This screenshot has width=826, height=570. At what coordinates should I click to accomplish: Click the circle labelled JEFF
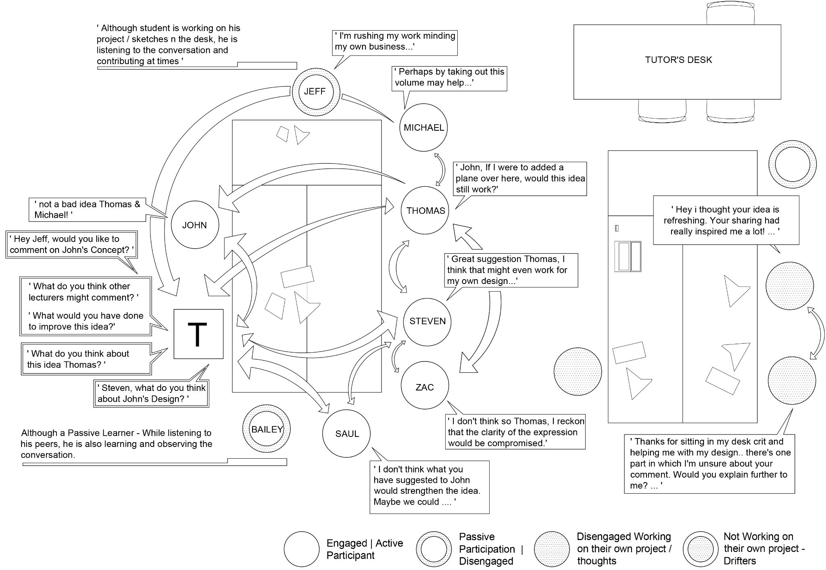tap(315, 92)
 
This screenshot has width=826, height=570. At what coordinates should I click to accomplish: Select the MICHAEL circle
tap(423, 127)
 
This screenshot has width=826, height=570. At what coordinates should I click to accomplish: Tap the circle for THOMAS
tap(425, 210)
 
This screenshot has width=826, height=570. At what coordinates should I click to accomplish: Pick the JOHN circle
tap(195, 225)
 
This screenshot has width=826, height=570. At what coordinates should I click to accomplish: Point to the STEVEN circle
tap(428, 322)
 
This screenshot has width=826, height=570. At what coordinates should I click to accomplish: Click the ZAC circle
tap(425, 386)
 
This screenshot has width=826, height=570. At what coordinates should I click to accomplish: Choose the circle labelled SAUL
tap(346, 434)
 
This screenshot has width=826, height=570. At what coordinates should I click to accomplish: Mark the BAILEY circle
tap(267, 429)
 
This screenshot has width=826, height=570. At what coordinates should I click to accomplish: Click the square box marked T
tap(198, 334)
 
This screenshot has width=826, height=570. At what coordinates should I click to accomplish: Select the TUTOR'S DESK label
tap(678, 60)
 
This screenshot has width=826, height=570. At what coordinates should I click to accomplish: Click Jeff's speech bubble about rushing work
tap(394, 42)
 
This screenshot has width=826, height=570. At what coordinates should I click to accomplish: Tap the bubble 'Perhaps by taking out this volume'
tap(449, 77)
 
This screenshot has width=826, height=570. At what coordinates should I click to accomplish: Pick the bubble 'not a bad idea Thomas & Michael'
tap(87, 209)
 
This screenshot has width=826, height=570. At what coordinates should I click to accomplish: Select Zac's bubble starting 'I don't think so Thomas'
tap(515, 432)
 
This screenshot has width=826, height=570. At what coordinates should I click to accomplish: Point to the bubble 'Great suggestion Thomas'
tap(511, 270)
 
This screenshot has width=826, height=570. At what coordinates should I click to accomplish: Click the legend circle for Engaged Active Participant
tap(302, 549)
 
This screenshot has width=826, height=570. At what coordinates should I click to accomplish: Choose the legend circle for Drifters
tap(701, 549)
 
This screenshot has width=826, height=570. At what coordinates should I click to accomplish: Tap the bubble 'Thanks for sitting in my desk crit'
tap(709, 464)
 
